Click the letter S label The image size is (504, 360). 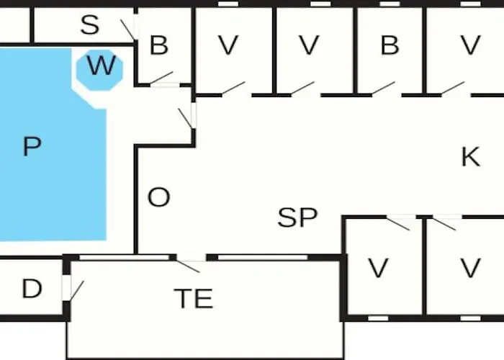coord(89,26)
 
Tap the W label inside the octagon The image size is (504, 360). coord(101,67)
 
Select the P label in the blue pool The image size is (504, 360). coord(32,147)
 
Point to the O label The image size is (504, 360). coord(158,198)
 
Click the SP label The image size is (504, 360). coord(298,217)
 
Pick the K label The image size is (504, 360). coord(470,157)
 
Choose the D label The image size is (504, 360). coord(32,289)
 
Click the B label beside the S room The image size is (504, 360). coord(158,45)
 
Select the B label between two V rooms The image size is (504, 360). coord(390,45)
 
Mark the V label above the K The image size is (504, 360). coord(470,45)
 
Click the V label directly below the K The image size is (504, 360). coord(470,269)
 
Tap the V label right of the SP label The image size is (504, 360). coord(378,269)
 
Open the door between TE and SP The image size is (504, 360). coord(189,263)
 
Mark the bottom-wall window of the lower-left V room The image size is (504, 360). coord(377,318)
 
